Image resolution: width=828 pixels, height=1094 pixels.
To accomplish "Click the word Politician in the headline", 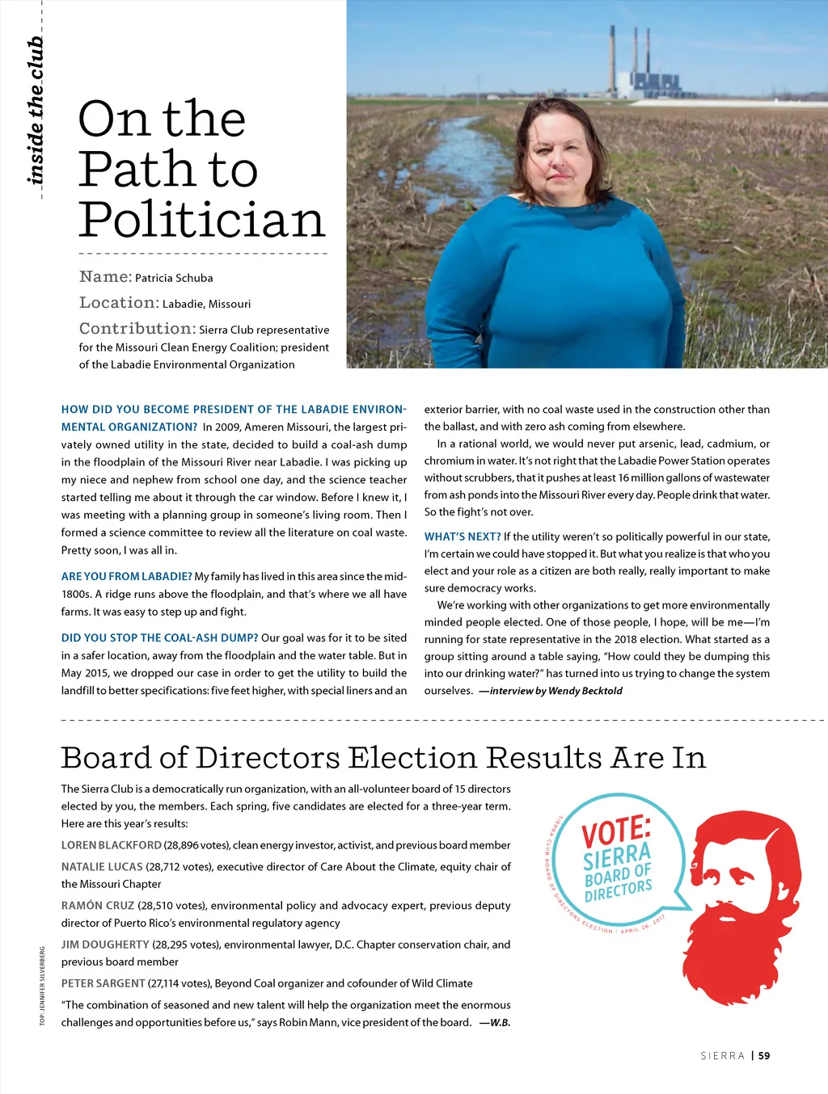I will [201, 220].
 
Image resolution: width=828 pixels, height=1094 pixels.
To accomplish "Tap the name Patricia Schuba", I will [174, 278].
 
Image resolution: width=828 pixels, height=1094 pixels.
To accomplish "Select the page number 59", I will [764, 1055].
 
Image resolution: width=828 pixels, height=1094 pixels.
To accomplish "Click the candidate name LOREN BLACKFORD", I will [112, 845].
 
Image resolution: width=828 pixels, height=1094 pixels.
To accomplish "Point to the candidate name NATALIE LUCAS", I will [102, 866].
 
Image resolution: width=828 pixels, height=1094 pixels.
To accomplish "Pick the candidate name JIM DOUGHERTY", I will [105, 944].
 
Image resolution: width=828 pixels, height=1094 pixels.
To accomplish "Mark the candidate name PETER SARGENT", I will [103, 983].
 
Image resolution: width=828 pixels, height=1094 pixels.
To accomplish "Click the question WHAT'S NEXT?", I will [463, 536].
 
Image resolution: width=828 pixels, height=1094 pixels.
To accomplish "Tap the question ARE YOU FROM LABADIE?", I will [126, 576].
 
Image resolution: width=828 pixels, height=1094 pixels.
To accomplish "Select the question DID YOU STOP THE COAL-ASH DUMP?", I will [159, 637].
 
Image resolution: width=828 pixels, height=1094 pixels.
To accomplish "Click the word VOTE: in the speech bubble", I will [616, 831].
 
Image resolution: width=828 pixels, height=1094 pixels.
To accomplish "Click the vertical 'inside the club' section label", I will [35, 110].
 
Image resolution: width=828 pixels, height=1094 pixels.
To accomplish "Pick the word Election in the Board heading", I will [412, 758].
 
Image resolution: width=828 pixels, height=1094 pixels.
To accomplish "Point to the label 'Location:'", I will [119, 303].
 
